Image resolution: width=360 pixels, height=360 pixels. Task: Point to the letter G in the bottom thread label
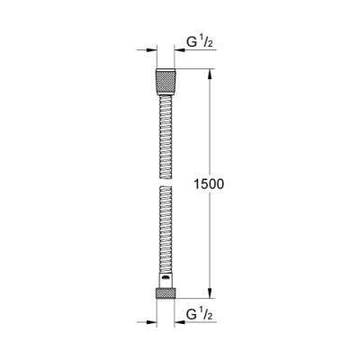[x=191, y=314]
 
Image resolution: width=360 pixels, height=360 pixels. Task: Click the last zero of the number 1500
[x=219, y=183]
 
